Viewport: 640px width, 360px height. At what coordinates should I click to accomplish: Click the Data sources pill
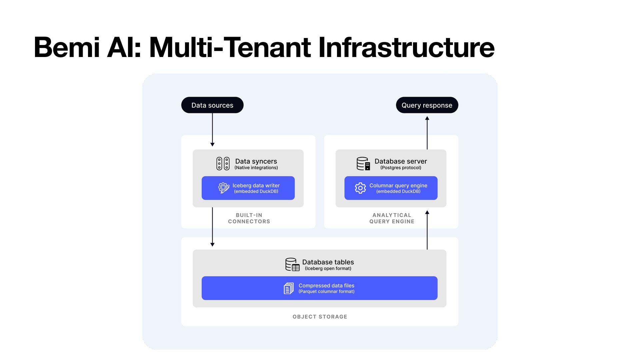(x=212, y=105)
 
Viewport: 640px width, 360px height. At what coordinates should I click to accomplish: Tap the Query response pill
(x=427, y=105)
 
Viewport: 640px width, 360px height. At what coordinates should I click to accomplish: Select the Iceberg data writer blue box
(x=248, y=188)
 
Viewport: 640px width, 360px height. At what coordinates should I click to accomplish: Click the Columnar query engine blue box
(x=391, y=188)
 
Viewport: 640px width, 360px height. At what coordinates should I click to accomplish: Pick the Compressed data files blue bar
(x=319, y=288)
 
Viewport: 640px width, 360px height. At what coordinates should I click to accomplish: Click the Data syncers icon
(x=223, y=164)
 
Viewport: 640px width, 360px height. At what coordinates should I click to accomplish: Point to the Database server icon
(x=363, y=164)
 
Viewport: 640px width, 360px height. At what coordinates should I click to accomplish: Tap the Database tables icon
(x=292, y=264)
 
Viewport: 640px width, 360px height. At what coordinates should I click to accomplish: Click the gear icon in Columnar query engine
(x=360, y=188)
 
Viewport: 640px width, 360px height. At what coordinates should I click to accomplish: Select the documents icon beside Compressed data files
(x=289, y=288)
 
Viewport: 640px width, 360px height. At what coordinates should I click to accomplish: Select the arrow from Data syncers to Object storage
(x=212, y=227)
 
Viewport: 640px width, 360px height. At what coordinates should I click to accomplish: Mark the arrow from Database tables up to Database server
(x=427, y=230)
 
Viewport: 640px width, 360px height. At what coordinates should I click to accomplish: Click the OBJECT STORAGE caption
(x=320, y=317)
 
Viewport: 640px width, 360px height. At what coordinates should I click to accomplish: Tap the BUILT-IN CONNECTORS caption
(x=249, y=218)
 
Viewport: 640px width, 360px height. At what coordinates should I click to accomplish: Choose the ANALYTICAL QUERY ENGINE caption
(x=392, y=218)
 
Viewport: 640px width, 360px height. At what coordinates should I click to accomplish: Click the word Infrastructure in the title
(x=406, y=47)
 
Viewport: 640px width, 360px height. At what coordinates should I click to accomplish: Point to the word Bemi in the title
(x=66, y=47)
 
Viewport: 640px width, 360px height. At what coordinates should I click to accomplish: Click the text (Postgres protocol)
(x=401, y=168)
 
